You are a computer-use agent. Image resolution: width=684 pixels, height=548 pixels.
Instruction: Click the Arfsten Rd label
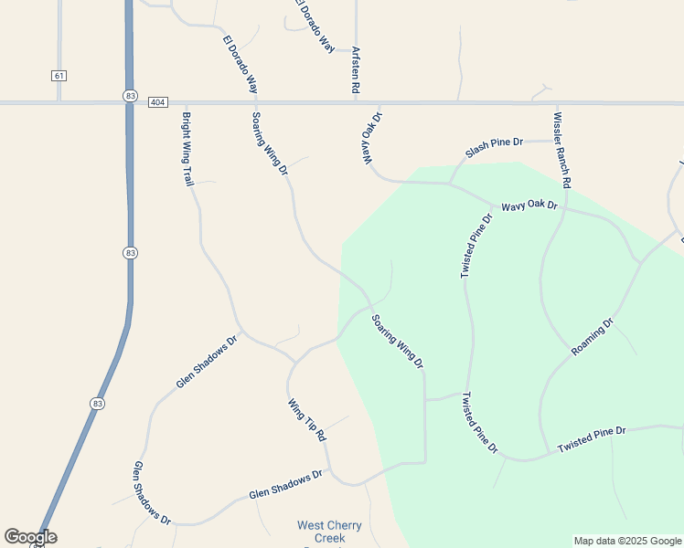point(354,71)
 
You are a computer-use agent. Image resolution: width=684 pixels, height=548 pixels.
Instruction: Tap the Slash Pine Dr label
point(494,147)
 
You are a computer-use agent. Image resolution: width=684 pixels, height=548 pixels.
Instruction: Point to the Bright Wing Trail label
point(187,148)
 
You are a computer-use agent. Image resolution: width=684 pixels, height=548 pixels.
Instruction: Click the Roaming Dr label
point(593,338)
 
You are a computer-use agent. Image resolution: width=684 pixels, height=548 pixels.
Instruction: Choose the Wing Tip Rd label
point(307,420)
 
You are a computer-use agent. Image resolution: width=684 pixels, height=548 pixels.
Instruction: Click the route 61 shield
point(59,75)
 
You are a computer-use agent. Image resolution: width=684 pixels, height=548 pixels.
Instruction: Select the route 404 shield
point(157,102)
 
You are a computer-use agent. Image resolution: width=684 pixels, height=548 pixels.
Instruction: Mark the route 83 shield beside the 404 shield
point(131,96)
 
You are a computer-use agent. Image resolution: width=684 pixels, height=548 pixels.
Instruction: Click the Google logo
point(30,537)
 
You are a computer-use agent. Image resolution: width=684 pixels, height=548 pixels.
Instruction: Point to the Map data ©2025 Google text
point(627,541)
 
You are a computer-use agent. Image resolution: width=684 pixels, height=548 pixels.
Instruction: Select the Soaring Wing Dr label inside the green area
point(398,342)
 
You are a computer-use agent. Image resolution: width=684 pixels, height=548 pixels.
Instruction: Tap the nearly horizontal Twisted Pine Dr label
point(592,439)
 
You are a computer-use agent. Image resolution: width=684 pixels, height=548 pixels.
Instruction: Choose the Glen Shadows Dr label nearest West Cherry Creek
point(286,485)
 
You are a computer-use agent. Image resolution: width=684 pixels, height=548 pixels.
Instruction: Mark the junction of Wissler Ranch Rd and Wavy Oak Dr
point(564,207)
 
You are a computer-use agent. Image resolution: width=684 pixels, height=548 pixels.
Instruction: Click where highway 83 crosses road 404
point(129,103)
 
